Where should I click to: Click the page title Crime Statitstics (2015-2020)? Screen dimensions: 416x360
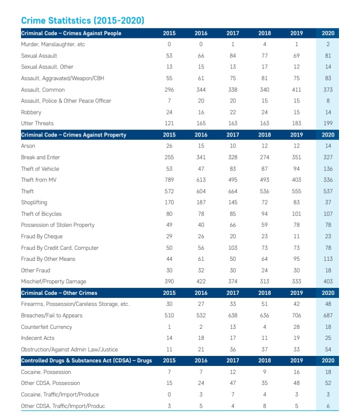point(82,21)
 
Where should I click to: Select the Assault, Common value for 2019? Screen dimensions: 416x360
point(296,90)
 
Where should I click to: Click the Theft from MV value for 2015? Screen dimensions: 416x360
point(169,180)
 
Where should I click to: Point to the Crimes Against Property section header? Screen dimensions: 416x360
point(73,135)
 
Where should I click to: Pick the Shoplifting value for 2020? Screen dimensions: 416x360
point(328,202)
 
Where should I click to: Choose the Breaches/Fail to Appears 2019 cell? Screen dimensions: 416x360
point(296,315)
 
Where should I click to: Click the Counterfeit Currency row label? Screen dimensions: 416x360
point(46,327)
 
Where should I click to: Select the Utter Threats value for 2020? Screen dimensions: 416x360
point(328,123)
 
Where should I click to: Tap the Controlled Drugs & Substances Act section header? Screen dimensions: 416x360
point(86,360)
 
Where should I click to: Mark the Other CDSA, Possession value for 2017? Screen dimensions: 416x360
point(232,383)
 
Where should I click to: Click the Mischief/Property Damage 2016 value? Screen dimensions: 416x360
point(200,281)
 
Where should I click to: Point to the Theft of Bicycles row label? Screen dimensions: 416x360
point(41,214)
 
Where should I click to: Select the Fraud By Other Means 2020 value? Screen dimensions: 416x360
point(328,259)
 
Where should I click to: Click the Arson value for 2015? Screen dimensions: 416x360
point(169,146)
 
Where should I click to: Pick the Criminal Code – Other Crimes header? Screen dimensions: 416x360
point(59,293)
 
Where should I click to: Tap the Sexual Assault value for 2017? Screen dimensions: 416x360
point(232,56)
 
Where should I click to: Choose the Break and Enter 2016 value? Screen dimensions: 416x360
point(200,157)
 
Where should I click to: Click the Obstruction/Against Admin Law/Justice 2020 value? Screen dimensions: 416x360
point(328,349)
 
